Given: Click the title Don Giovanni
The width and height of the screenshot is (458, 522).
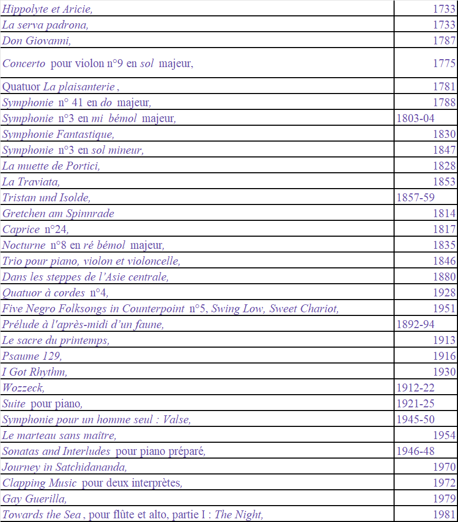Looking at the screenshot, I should [36, 41].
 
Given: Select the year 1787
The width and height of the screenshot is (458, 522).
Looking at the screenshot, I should [444, 41].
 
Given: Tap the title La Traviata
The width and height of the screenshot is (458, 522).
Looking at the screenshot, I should [31, 182].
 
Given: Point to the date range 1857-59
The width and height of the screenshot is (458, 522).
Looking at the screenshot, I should [415, 198].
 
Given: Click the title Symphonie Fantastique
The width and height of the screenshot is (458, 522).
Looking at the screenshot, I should [58, 134].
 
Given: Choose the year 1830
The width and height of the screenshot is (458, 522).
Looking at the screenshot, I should [444, 134].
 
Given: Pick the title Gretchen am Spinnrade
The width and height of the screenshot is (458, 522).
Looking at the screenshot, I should [58, 213].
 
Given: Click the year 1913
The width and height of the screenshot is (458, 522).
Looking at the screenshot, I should [444, 340].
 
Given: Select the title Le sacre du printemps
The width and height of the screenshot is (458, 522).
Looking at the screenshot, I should [55, 340].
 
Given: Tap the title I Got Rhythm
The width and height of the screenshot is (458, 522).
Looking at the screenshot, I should [34, 372].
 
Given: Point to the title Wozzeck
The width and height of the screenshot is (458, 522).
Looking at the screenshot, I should [23, 388].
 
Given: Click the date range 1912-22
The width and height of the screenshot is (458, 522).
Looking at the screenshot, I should [415, 388].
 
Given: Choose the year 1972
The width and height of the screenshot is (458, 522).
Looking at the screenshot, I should [444, 483].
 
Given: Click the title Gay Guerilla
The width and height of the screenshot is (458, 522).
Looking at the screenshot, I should [34, 499].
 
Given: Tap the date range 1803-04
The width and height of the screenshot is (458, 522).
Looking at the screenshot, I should [415, 118].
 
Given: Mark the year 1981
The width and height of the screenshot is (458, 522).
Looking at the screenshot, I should [444, 515].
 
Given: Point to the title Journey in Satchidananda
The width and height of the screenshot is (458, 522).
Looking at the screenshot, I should [64, 467].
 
